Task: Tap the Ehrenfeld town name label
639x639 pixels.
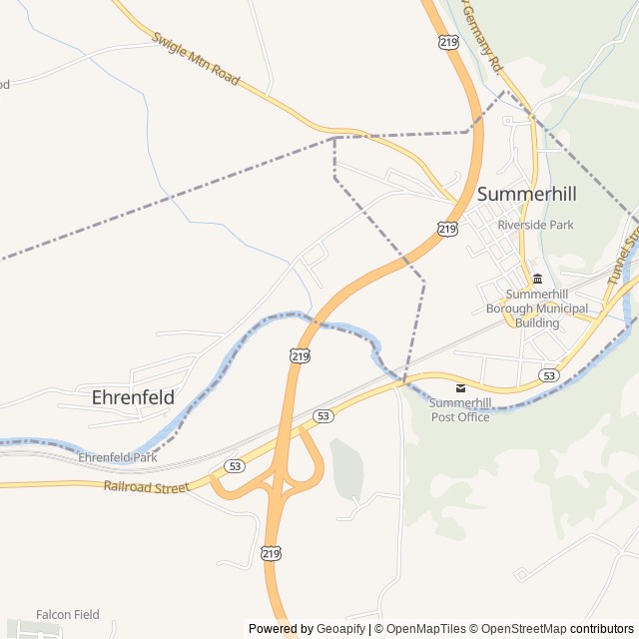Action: pyautogui.click(x=133, y=397)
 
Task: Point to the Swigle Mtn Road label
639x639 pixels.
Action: pyautogui.click(x=196, y=59)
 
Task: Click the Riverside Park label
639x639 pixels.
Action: pyautogui.click(x=536, y=225)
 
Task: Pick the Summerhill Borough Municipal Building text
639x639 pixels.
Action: pyautogui.click(x=536, y=309)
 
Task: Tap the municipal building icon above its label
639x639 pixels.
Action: pyautogui.click(x=537, y=279)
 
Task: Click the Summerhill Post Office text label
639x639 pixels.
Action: pyautogui.click(x=460, y=409)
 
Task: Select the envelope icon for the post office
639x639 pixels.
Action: pyautogui.click(x=460, y=387)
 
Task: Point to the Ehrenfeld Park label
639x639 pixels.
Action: pyautogui.click(x=118, y=457)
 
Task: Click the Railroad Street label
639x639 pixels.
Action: pyautogui.click(x=146, y=487)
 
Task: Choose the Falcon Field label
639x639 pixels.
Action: pyautogui.click(x=68, y=615)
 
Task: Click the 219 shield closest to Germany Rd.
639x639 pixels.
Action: pyautogui.click(x=448, y=41)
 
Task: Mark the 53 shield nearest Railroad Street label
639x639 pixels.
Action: pyautogui.click(x=234, y=466)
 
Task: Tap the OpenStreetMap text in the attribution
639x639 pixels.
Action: pyautogui.click(x=525, y=629)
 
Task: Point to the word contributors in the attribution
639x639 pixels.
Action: pyautogui.click(x=602, y=629)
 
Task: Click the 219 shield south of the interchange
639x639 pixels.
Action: pyautogui.click(x=272, y=552)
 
